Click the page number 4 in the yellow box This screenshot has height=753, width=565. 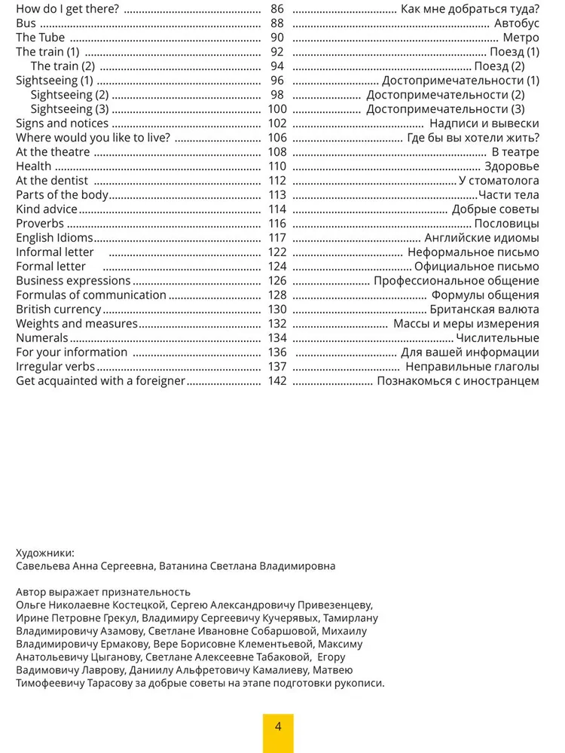click(x=278, y=727)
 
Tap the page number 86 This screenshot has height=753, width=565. click(x=277, y=9)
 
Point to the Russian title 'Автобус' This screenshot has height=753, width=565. click(x=517, y=23)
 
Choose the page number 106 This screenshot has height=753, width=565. click(x=277, y=138)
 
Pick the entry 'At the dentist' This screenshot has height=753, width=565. click(x=52, y=181)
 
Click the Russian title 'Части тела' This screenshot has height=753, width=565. click(x=509, y=195)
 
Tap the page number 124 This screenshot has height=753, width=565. click(x=277, y=267)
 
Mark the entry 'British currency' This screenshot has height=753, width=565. click(x=58, y=309)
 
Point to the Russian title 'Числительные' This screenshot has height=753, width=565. click(x=498, y=338)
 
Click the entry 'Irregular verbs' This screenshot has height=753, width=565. click(x=55, y=367)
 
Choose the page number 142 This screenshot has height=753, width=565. click(x=277, y=381)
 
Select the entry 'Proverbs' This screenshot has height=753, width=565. click(x=40, y=224)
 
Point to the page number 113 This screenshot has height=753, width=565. click(x=277, y=195)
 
